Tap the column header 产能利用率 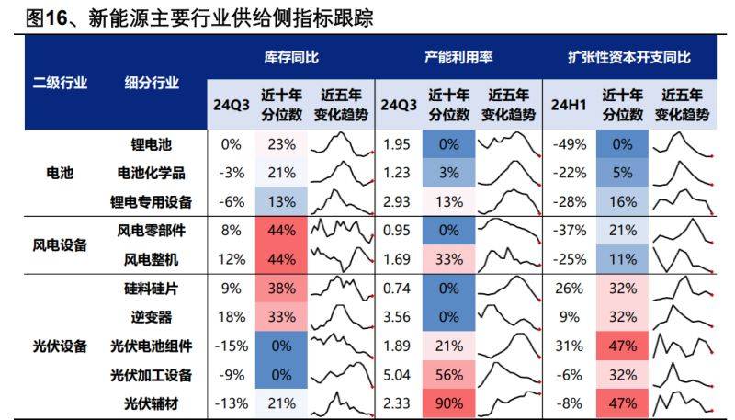coord(458,57)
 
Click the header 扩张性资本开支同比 coord(629,57)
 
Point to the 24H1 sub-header coord(567,105)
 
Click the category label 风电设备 coord(60,244)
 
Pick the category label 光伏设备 coord(60,346)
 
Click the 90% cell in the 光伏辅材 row coord(448,403)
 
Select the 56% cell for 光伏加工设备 coord(448,374)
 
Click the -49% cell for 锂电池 coord(566,144)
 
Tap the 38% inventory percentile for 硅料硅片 coord(281,288)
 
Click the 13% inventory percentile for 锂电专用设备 coord(281,201)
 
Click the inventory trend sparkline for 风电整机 coord(341,258)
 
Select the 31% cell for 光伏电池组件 coord(566,346)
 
